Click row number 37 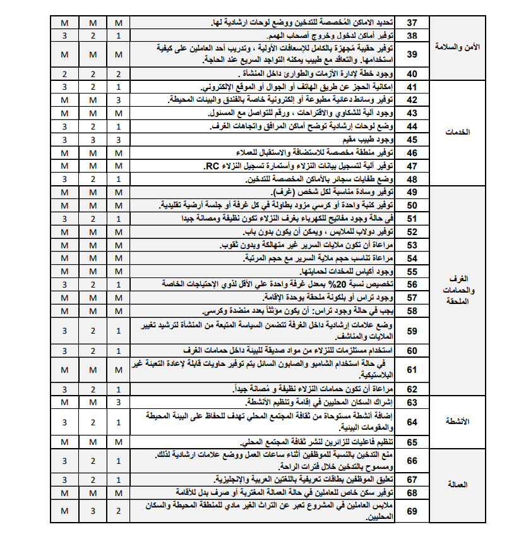pyautogui.click(x=412, y=23)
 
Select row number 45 pyautogui.click(x=412, y=140)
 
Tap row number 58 pyautogui.click(x=412, y=311)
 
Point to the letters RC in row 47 pyautogui.click(x=211, y=166)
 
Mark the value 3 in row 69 pyautogui.click(x=92, y=511)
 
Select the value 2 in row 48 pyautogui.click(x=92, y=179)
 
